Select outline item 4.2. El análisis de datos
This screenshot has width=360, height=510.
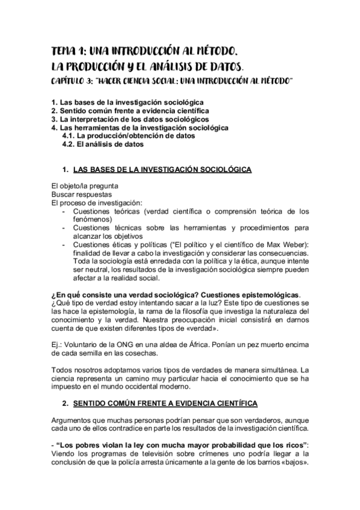tap(103, 144)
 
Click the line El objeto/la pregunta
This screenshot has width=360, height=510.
tap(81, 186)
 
